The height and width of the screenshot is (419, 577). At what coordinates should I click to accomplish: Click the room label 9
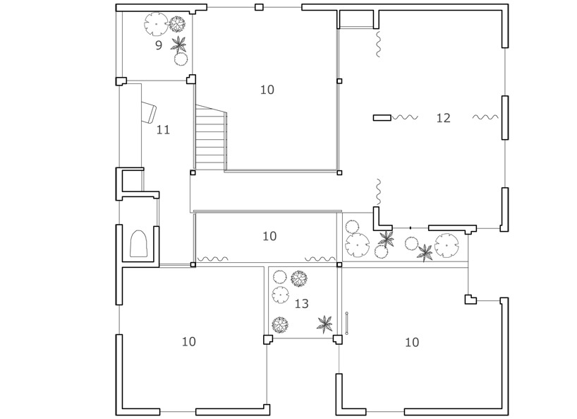pyautogui.click(x=159, y=45)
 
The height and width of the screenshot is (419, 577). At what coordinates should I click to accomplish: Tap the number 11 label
pyautogui.click(x=164, y=130)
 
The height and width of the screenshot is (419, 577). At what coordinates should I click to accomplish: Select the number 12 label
pyautogui.click(x=443, y=118)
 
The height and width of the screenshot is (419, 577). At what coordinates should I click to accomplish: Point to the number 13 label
pyautogui.click(x=301, y=304)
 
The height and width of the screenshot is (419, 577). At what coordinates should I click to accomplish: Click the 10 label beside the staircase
pyautogui.click(x=267, y=90)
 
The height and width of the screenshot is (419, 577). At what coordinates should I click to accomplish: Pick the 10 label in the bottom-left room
pyautogui.click(x=189, y=341)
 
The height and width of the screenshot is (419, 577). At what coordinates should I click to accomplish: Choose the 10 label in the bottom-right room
pyautogui.click(x=412, y=343)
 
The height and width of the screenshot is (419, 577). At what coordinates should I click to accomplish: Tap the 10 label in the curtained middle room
pyautogui.click(x=269, y=236)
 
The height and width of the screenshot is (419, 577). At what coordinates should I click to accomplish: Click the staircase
pyautogui.click(x=211, y=138)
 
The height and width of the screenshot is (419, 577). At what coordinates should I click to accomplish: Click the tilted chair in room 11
pyautogui.click(x=149, y=112)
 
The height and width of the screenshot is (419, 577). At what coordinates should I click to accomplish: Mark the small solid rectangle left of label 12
pyautogui.click(x=382, y=117)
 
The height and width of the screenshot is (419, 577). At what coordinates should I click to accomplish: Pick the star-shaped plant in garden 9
pyautogui.click(x=179, y=45)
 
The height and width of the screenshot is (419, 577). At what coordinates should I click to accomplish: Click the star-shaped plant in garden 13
pyautogui.click(x=324, y=324)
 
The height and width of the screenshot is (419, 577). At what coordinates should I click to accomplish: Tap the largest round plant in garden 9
pyautogui.click(x=156, y=24)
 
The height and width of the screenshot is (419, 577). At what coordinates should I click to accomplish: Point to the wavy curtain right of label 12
pyautogui.click(x=485, y=117)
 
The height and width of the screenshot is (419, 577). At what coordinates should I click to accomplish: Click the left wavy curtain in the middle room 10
pyautogui.click(x=213, y=259)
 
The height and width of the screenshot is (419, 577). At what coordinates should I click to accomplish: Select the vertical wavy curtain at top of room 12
pyautogui.click(x=377, y=45)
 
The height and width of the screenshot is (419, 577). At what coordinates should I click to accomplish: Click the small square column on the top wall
pyautogui.click(x=259, y=7)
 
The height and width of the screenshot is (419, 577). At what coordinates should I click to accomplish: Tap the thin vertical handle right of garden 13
pyautogui.click(x=346, y=323)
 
